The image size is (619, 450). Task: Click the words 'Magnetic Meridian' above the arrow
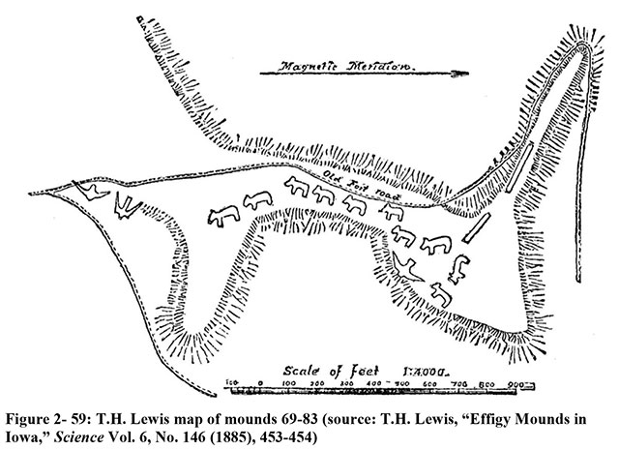point(334,67)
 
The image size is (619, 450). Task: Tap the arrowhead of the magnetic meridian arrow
point(461,71)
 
